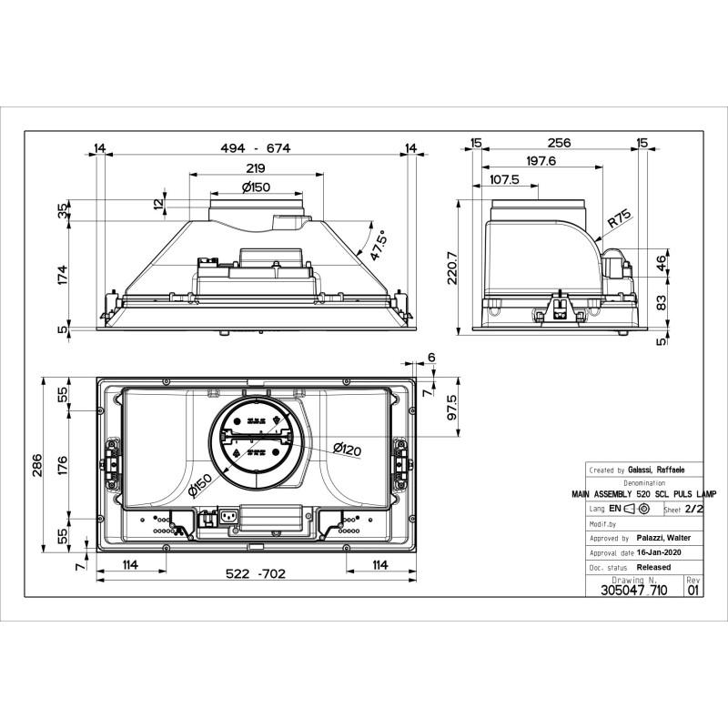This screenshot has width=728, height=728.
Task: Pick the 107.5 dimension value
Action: click(x=504, y=179)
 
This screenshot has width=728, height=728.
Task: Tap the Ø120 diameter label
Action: click(x=348, y=449)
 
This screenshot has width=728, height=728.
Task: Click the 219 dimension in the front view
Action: click(x=255, y=168)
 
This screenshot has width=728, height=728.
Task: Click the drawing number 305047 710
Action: click(x=634, y=590)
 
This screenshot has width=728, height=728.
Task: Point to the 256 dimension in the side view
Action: click(x=560, y=143)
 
